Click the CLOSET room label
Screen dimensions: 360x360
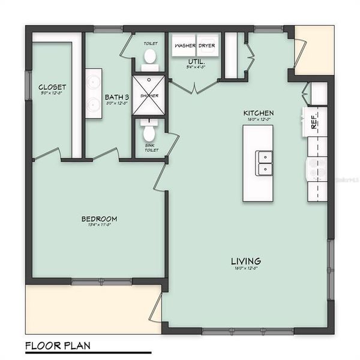(x=52, y=86)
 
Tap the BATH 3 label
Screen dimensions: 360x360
(x=117, y=97)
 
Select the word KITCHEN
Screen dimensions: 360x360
(x=259, y=113)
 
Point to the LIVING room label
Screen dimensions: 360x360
(x=246, y=261)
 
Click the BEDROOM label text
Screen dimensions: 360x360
(x=99, y=218)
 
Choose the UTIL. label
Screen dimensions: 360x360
(x=196, y=62)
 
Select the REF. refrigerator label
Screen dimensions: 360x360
(x=314, y=124)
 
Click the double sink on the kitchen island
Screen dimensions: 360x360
(x=264, y=162)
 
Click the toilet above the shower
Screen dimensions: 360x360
(x=149, y=58)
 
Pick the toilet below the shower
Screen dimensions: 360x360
(x=149, y=128)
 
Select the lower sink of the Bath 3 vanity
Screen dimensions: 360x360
(x=94, y=105)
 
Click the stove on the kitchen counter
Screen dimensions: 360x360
(x=317, y=170)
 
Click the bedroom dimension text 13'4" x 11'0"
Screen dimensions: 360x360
(x=99, y=225)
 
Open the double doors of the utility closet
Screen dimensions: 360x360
(x=194, y=87)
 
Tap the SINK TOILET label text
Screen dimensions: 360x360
(x=151, y=148)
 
